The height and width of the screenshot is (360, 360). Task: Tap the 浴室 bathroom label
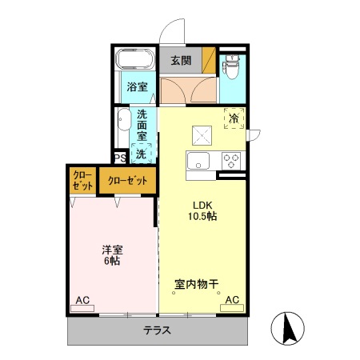coord(136,87)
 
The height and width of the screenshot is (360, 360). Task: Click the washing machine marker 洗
coord(141,152)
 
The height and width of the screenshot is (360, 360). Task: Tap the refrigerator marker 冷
coord(234,119)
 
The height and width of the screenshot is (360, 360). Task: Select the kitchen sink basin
coord(197,160)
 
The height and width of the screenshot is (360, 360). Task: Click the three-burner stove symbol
coord(232,160)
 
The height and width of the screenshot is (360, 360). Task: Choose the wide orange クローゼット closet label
coord(128,181)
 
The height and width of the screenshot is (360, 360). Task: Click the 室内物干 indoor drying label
coord(197,283)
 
